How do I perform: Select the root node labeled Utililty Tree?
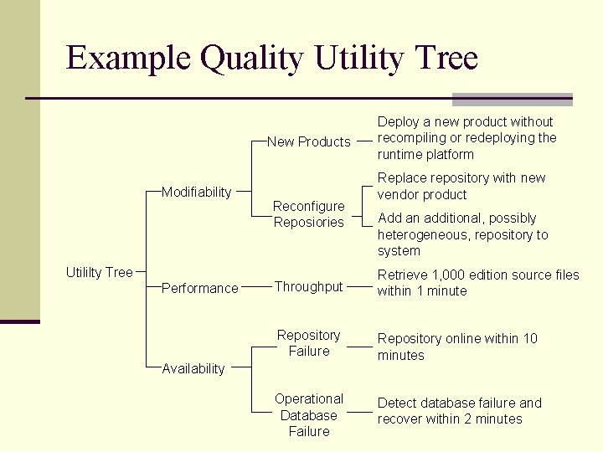[x=99, y=272]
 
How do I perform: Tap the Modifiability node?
[x=196, y=192]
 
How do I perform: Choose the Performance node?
[x=199, y=288]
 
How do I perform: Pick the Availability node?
[x=193, y=368]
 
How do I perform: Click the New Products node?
[x=308, y=141]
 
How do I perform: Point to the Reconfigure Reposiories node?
[x=308, y=214]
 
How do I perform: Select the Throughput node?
[x=308, y=286]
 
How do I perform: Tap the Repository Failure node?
[x=308, y=343]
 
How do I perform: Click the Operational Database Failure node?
[x=308, y=415]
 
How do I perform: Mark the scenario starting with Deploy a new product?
[x=466, y=138]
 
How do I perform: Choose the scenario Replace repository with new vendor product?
[x=461, y=186]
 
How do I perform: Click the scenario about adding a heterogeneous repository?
[x=463, y=234]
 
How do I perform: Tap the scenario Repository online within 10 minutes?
[x=457, y=347]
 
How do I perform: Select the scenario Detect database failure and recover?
[x=460, y=411]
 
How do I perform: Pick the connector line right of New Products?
[x=364, y=141]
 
